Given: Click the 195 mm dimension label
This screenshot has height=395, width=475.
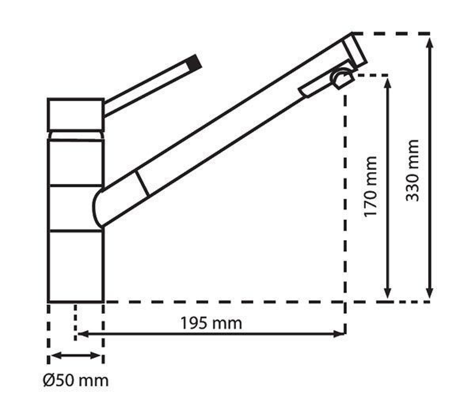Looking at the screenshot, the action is [211, 323].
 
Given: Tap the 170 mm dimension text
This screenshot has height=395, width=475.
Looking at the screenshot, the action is [370, 186].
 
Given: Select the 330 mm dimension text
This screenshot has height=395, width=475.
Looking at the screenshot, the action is [412, 171].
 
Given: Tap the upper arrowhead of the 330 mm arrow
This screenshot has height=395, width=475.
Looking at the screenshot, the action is [429, 43].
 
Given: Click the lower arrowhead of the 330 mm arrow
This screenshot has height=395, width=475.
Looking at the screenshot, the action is [429, 293].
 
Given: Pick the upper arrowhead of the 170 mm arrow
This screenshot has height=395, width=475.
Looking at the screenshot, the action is [388, 83].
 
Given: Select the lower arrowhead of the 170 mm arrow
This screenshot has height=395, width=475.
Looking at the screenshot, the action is [388, 293].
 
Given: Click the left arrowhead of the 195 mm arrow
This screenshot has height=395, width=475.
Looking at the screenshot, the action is [83, 334].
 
